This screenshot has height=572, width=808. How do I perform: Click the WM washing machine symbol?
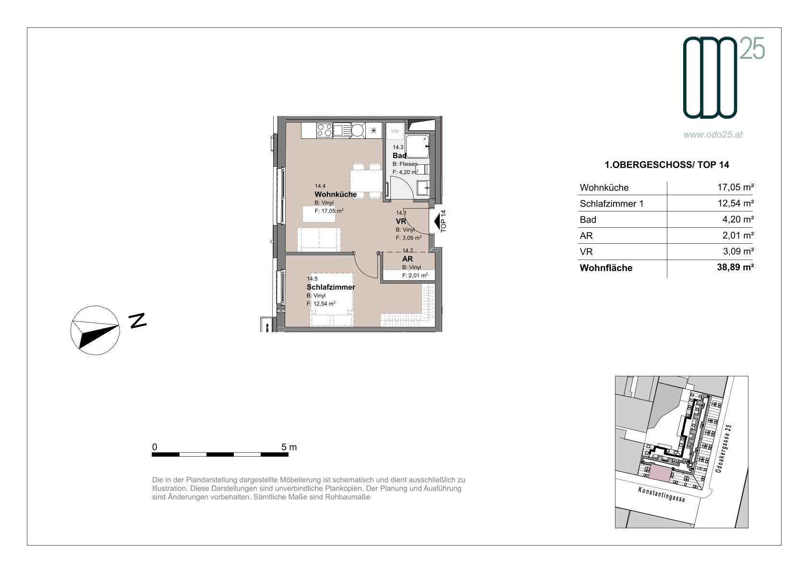click(395, 131)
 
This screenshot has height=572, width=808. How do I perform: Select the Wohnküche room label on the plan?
click(336, 194)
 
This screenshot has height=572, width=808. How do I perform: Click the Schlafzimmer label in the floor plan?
click(331, 287)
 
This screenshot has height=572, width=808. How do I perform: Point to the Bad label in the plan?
click(399, 156)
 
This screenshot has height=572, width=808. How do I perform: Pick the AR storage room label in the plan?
click(408, 259)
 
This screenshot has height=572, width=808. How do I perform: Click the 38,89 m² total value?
click(735, 267)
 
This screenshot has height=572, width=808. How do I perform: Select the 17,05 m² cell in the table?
click(736, 187)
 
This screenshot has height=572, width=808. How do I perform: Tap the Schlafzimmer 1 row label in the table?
click(612, 204)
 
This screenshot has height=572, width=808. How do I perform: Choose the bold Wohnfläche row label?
click(606, 268)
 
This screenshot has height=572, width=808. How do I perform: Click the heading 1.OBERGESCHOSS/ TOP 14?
click(666, 165)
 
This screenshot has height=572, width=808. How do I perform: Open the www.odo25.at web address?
click(713, 135)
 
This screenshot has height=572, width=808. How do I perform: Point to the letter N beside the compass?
click(137, 321)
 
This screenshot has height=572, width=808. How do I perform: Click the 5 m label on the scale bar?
click(289, 447)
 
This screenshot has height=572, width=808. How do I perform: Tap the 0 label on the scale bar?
click(155, 447)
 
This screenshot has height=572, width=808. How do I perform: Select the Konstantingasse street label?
click(661, 494)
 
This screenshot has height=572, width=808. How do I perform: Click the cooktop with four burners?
click(324, 130)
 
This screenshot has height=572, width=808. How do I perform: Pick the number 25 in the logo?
click(752, 49)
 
